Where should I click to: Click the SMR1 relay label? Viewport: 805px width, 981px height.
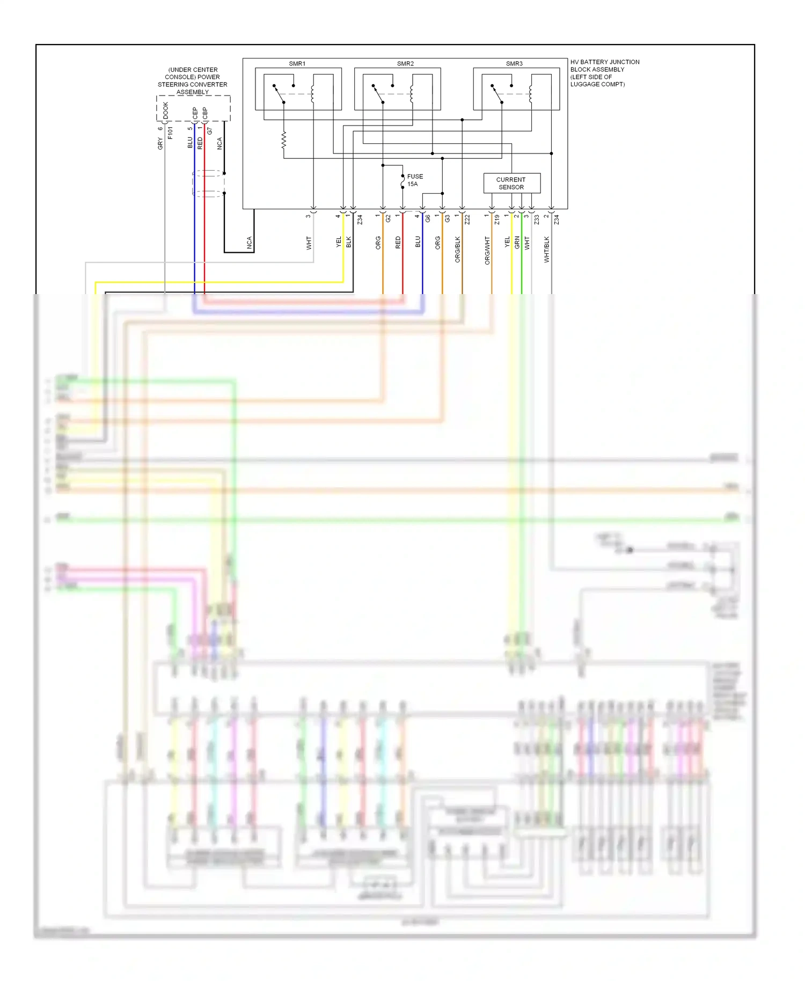pyautogui.click(x=297, y=64)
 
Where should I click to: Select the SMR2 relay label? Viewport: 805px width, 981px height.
pyautogui.click(x=405, y=64)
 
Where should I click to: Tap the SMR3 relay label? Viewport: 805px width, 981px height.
pyautogui.click(x=514, y=64)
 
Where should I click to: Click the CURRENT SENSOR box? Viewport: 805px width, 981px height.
pyautogui.click(x=511, y=184)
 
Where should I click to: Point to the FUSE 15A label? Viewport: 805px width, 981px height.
pyautogui.click(x=414, y=180)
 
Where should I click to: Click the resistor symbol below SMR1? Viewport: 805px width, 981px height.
pyautogui.click(x=283, y=141)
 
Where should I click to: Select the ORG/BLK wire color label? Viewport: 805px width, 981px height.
pyautogui.click(x=458, y=250)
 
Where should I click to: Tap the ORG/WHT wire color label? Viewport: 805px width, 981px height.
pyautogui.click(x=487, y=251)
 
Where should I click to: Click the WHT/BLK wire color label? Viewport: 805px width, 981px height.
pyautogui.click(x=547, y=250)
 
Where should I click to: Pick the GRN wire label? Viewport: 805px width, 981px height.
pyautogui.click(x=517, y=243)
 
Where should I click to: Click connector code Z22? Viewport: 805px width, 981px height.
pyautogui.click(x=467, y=219)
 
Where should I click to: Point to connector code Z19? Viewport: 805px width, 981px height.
pyautogui.click(x=497, y=219)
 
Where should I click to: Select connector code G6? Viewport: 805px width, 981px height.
pyautogui.click(x=428, y=219)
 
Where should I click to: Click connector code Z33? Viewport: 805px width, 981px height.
pyautogui.click(x=536, y=219)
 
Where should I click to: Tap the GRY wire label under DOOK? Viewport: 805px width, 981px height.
pyautogui.click(x=160, y=143)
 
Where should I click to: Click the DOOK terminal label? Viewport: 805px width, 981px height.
pyautogui.click(x=165, y=111)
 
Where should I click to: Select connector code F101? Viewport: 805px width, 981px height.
pyautogui.click(x=170, y=133)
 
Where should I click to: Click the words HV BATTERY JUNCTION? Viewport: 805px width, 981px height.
pyautogui.click(x=605, y=62)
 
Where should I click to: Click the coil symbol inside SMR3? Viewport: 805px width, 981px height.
pyautogui.click(x=530, y=94)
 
